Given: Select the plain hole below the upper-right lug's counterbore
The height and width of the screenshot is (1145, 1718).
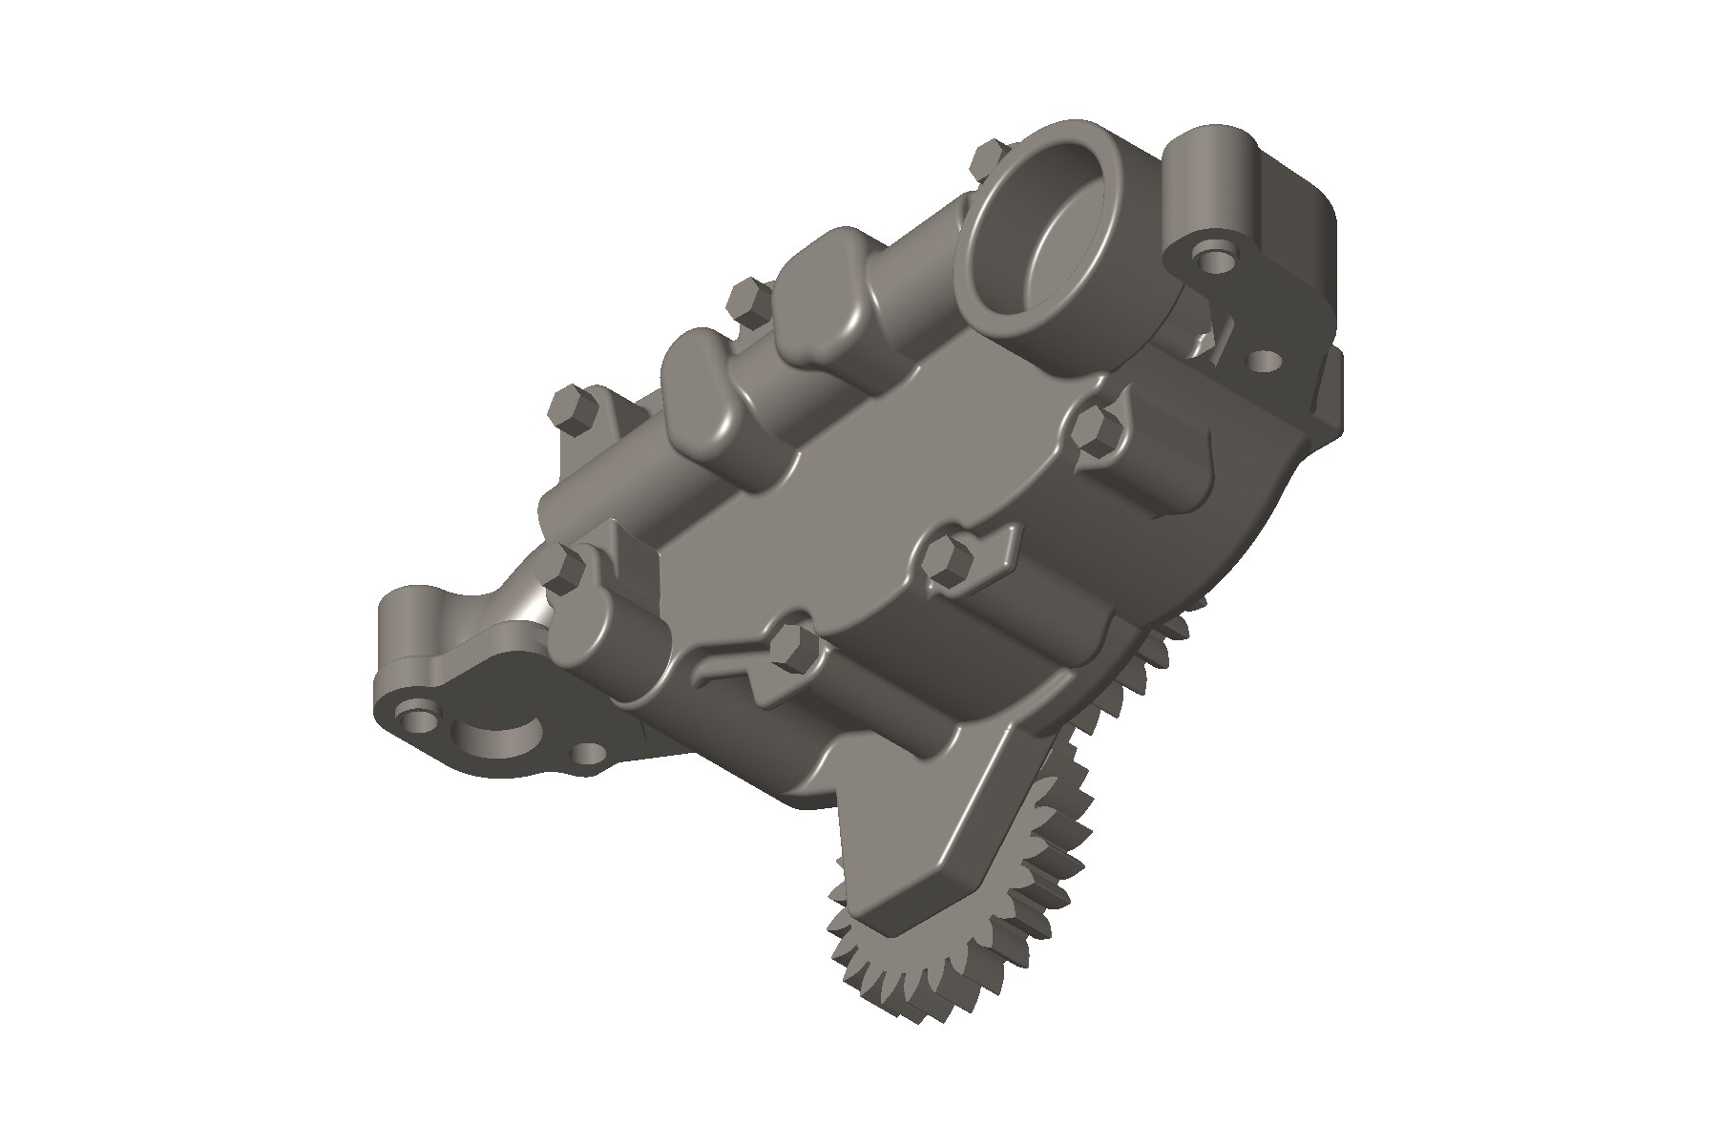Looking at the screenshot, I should click(x=1265, y=362).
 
